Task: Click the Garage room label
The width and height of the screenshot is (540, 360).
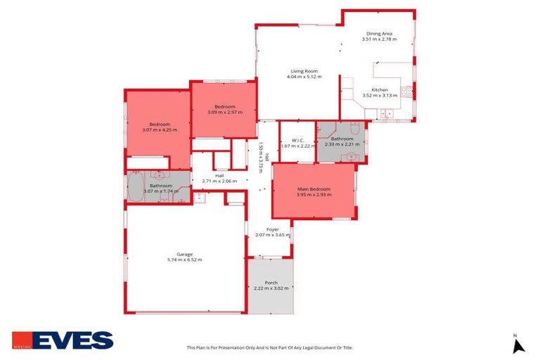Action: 184,254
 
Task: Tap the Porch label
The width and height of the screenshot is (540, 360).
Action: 271,283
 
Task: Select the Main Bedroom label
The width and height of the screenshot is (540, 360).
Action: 314,189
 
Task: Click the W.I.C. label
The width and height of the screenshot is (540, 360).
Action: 297,140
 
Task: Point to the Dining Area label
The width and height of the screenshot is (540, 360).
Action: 379,33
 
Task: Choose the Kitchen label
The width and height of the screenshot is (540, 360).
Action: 380,89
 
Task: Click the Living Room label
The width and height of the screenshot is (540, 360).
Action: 304,70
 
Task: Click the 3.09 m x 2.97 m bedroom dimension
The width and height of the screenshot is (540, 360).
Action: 224,112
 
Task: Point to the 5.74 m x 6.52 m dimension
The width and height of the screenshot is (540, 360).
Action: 184,260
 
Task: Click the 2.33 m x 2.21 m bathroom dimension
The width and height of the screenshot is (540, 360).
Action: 342,144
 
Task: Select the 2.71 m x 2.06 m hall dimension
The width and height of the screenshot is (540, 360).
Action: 219,181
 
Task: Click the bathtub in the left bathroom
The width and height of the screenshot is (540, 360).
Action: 135,186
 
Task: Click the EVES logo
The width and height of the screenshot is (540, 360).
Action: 63,340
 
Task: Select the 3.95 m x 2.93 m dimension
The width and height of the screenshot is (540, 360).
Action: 314,195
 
